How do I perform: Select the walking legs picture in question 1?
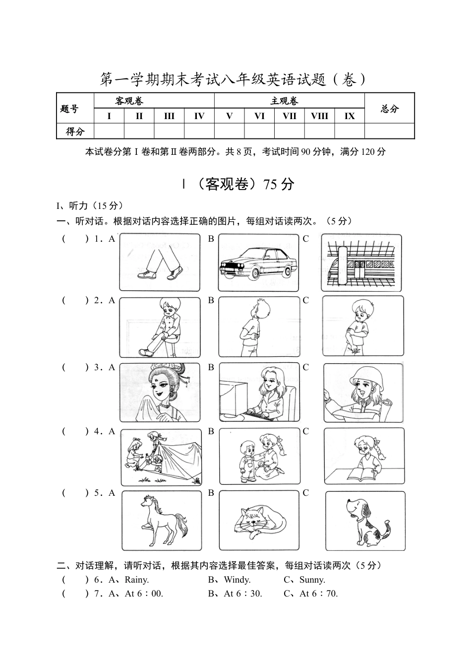[160, 262]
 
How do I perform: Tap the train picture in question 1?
[361, 263]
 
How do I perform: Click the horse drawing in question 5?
[162, 521]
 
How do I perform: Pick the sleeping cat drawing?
[259, 521]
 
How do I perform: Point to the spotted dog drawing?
[365, 521]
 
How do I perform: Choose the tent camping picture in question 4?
[161, 457]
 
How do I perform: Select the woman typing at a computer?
[259, 392]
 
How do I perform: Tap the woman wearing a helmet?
[363, 393]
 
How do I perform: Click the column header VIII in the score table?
[319, 116]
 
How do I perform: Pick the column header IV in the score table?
[199, 116]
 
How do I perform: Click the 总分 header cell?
[390, 109]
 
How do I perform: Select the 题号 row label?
[69, 109]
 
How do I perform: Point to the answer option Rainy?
[136, 580]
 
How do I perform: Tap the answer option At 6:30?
[243, 594]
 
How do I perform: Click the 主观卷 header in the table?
[284, 101]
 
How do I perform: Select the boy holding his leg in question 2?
[160, 328]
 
